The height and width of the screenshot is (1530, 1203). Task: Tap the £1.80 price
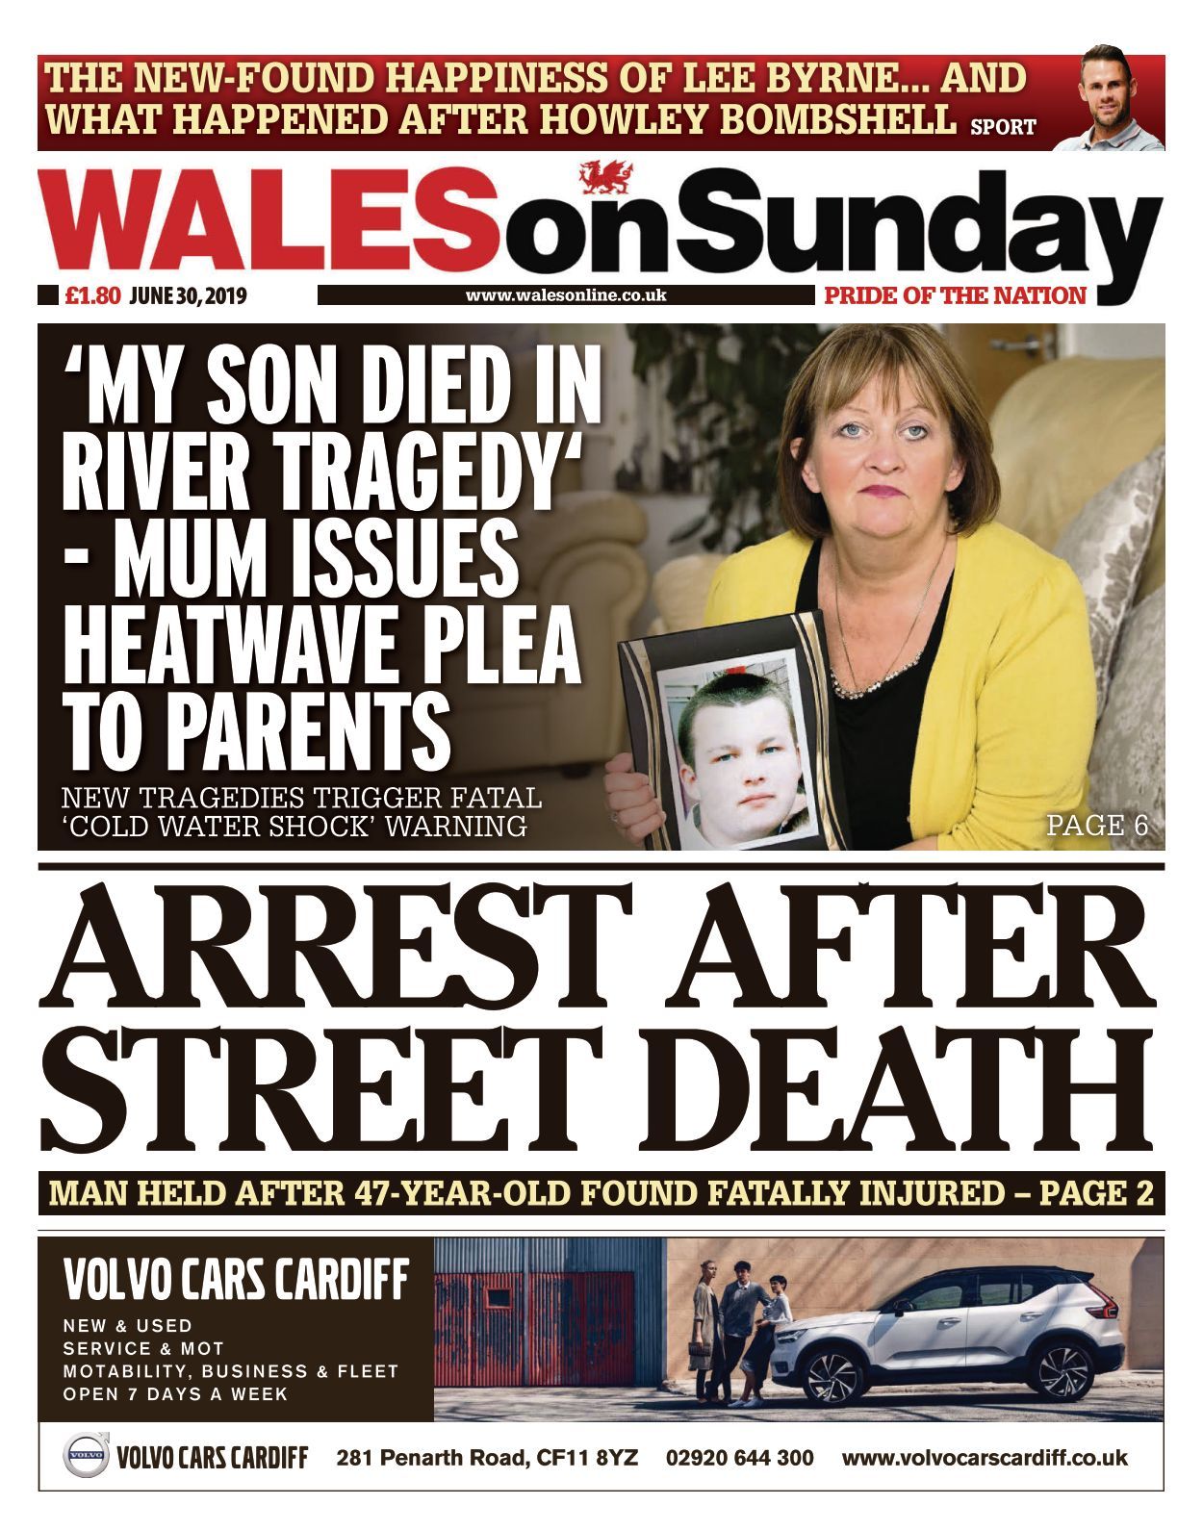tap(92, 296)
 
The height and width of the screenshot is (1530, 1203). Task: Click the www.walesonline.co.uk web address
tap(566, 295)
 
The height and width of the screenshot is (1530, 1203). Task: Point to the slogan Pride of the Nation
tap(955, 295)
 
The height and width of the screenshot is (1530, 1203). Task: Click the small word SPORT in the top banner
tap(1003, 126)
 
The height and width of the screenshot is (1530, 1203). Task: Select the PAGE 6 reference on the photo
tap(1097, 825)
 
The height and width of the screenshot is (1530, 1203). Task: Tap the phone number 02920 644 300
tap(739, 1458)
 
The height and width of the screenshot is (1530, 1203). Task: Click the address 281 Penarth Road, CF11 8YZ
tap(487, 1458)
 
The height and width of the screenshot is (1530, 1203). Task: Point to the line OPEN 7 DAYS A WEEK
tap(175, 1393)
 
